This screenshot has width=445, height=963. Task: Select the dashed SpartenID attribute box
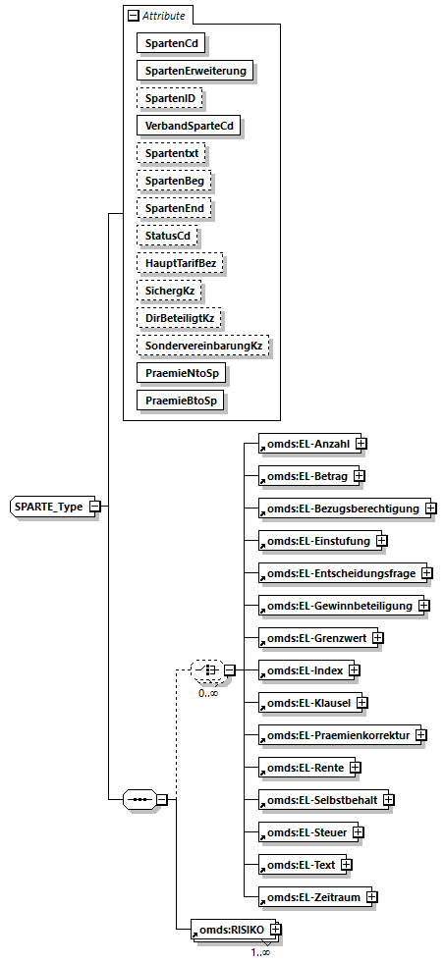(x=169, y=98)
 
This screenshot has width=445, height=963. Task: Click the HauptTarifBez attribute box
(x=180, y=263)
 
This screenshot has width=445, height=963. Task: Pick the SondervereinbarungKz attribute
(x=204, y=346)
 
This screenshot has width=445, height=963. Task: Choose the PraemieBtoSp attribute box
(x=181, y=401)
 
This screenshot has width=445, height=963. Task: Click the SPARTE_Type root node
(x=48, y=506)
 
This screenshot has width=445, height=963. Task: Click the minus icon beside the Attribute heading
(x=131, y=16)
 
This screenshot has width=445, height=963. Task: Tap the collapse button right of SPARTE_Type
(x=95, y=506)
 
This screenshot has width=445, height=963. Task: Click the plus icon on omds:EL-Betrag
(x=359, y=476)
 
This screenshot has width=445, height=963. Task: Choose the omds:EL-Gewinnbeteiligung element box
(x=335, y=605)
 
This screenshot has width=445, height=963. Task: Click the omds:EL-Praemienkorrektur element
(x=334, y=734)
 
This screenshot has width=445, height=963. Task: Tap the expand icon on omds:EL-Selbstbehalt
(x=389, y=799)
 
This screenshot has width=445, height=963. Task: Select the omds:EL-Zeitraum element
(x=310, y=896)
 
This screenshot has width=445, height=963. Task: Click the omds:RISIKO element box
(x=229, y=929)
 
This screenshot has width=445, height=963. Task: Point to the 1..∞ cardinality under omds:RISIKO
(x=260, y=950)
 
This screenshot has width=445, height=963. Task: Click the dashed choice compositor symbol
(x=205, y=670)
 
